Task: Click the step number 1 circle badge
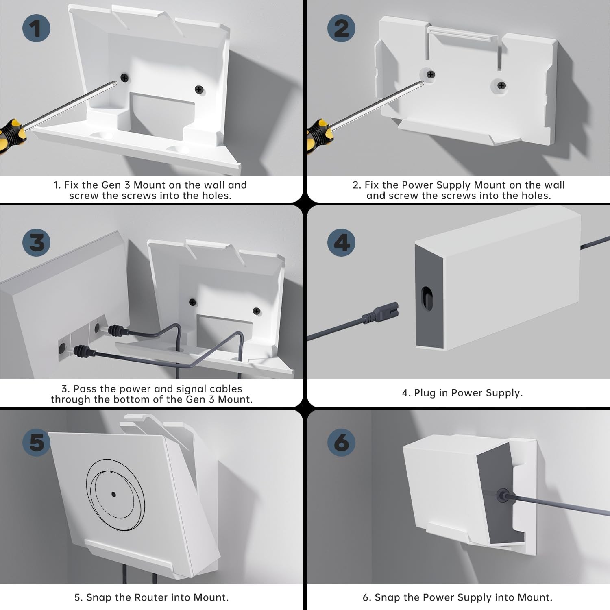pyautogui.click(x=36, y=28)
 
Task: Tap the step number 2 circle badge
pyautogui.click(x=342, y=28)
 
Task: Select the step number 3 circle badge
pyautogui.click(x=36, y=242)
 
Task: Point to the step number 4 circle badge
pyautogui.click(x=342, y=242)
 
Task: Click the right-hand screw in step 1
pyautogui.click(x=199, y=89)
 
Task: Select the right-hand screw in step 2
pyautogui.click(x=502, y=85)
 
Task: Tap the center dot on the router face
pyautogui.click(x=113, y=495)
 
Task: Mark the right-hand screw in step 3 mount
pyautogui.click(x=256, y=311)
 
